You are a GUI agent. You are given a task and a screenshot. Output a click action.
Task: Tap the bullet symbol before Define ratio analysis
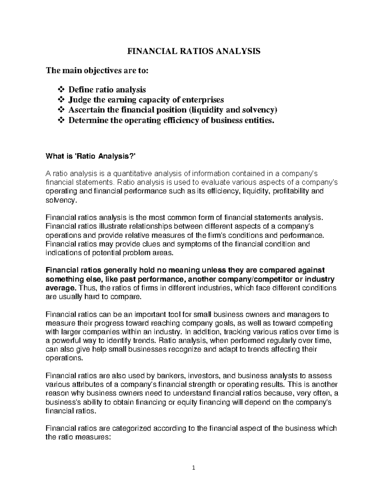tap(61, 89)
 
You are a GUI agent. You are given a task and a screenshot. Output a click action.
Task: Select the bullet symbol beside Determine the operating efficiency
tap(61, 120)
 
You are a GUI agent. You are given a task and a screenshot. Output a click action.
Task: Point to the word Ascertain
tap(86, 110)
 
